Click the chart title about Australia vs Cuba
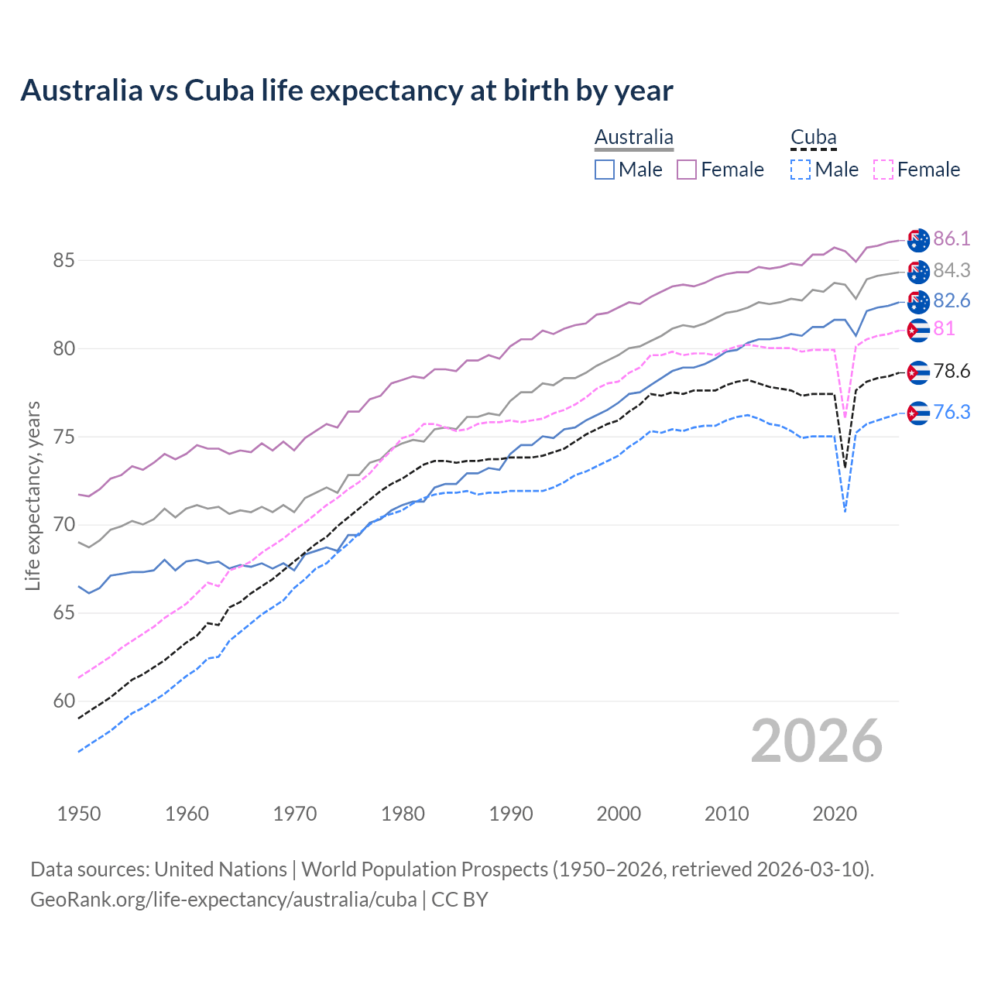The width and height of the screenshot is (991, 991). click(x=346, y=91)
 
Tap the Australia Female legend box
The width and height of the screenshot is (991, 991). click(x=687, y=170)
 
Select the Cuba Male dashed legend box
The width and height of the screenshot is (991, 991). click(x=801, y=170)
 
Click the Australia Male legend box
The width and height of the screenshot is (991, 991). click(x=605, y=170)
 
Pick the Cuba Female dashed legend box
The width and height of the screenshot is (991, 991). click(x=883, y=170)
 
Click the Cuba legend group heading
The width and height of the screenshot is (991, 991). click(x=813, y=138)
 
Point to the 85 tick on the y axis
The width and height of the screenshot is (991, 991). click(x=63, y=260)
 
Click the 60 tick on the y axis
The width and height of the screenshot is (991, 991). click(x=63, y=701)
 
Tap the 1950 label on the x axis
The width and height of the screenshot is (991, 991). click(x=79, y=814)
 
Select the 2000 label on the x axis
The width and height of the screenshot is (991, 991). click(x=619, y=814)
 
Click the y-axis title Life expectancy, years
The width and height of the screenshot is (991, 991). click(x=33, y=495)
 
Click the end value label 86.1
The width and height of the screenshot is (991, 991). click(x=952, y=238)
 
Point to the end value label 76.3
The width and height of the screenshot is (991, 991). click(x=952, y=412)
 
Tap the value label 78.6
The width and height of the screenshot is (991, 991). click(x=952, y=372)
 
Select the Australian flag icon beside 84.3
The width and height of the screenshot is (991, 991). click(x=918, y=271)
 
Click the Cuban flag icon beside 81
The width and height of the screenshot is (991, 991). click(x=918, y=330)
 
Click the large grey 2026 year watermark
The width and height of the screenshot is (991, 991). click(x=817, y=741)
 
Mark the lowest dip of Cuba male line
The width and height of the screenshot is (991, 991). click(x=845, y=512)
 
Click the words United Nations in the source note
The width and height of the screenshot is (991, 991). click(x=221, y=869)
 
